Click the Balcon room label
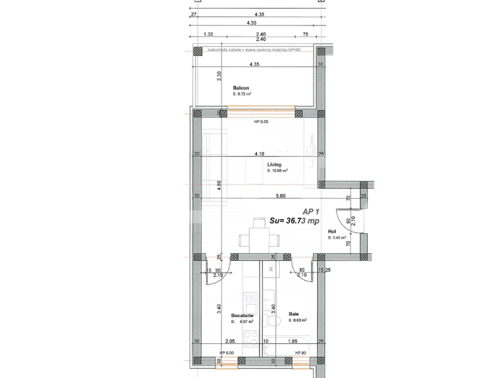tap(242, 87)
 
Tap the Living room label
tap(274, 165)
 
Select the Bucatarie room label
tap(242, 315)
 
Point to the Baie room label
tap(294, 315)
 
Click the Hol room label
tap(332, 231)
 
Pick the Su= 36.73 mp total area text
tap(294, 221)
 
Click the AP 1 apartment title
tap(311, 211)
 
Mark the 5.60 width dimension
tap(281, 196)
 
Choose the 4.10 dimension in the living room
tap(259, 154)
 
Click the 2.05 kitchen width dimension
tap(229, 341)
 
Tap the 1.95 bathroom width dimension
tap(293, 341)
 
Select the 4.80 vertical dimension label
tap(219, 187)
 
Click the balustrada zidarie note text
tap(253, 50)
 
